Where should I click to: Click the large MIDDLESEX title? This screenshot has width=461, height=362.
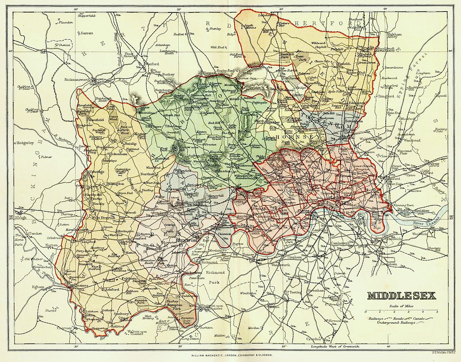click(x=401, y=296)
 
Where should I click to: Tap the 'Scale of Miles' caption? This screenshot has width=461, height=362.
click(x=401, y=306)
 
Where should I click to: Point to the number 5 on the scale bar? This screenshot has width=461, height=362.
click(x=437, y=311)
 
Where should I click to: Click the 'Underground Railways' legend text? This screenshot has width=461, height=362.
click(x=396, y=323)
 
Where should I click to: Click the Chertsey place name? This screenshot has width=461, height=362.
click(x=63, y=328)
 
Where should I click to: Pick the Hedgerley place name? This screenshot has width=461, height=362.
click(x=24, y=143)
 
